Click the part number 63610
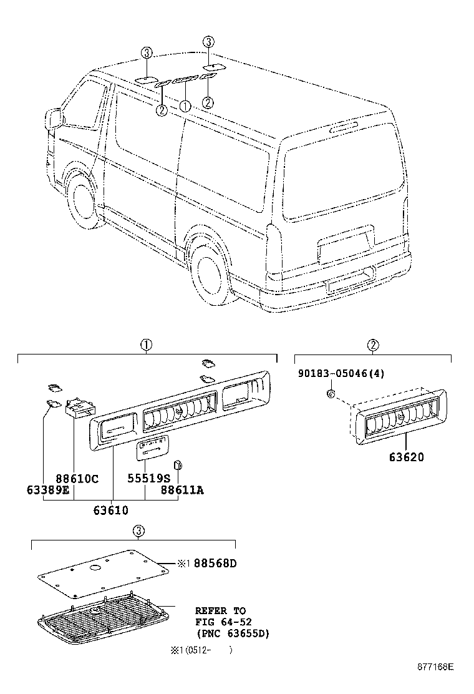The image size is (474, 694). (111, 510)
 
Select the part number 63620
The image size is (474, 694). (406, 457)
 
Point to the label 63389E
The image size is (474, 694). (48, 490)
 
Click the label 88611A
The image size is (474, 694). (181, 490)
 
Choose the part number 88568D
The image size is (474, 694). (215, 564)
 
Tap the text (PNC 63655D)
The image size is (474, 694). (232, 633)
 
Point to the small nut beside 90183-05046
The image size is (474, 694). (331, 394)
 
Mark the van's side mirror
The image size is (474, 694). (54, 119)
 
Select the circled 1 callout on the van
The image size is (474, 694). (185, 106)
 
